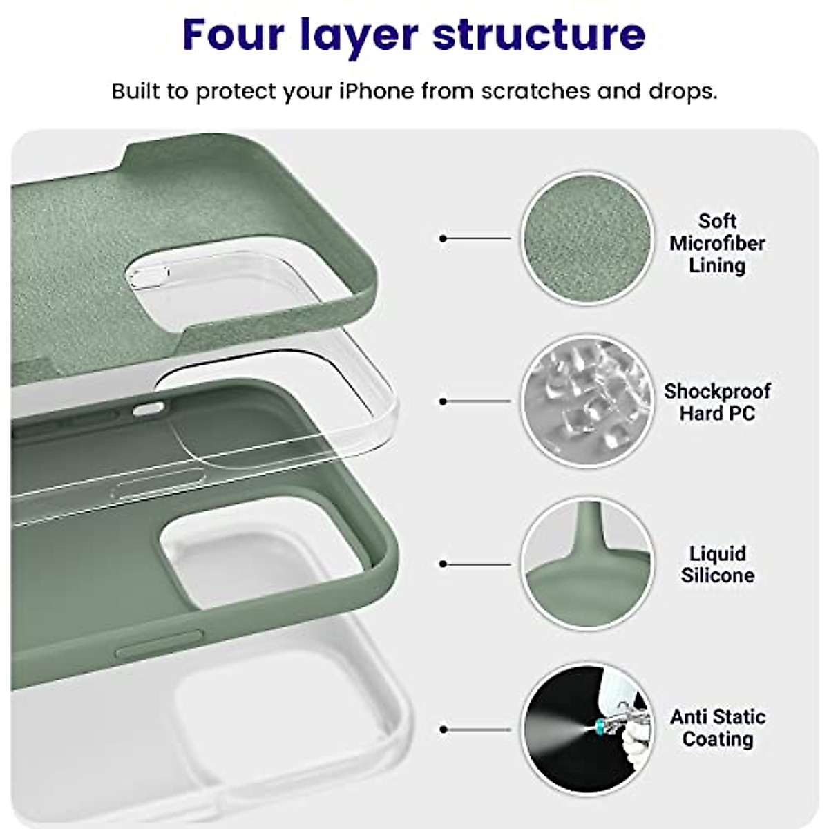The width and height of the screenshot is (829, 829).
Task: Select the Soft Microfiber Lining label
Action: coord(717,243)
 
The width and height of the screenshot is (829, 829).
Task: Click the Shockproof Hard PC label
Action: coord(716,402)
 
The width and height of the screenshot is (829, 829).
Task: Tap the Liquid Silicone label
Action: coord(717,564)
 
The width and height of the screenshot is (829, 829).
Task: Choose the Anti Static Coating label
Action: coord(717,728)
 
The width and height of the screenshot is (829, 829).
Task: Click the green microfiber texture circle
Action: coord(587,238)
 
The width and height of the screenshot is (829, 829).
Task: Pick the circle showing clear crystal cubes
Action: coord(587,401)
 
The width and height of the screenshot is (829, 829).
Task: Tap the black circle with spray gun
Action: coord(587,729)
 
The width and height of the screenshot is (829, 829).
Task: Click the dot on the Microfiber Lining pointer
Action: coord(444,238)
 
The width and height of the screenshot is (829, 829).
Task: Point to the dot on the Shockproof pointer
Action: coord(444,401)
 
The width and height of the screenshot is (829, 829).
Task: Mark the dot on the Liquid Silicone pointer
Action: coord(444,564)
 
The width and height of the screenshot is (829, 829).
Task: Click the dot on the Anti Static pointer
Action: coord(444,730)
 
